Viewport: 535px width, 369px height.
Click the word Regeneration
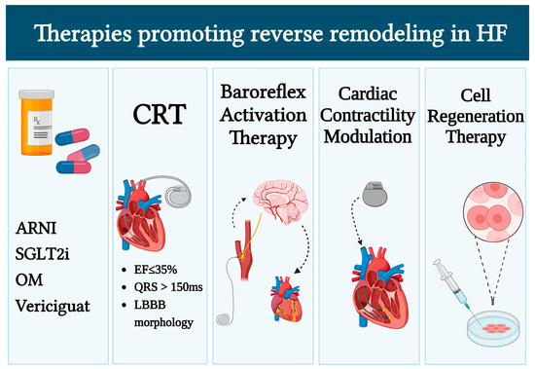point(482,119)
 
